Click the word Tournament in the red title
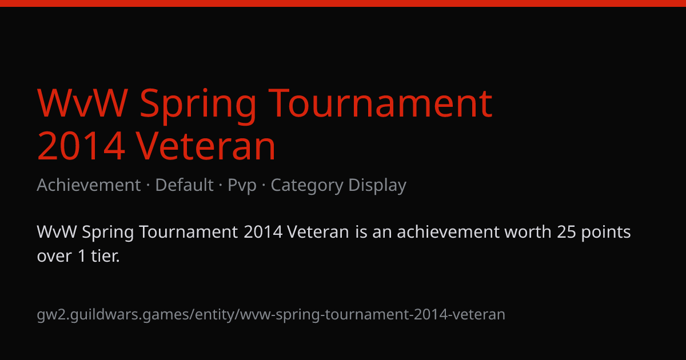coord(380,103)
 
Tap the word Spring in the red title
coord(198,106)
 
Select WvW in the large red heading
coord(82,103)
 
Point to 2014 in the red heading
coord(81,146)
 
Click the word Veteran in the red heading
coord(206,146)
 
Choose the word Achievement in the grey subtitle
coord(89,185)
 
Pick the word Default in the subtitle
coord(184,185)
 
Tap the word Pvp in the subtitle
coord(242,186)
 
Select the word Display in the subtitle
coord(377,186)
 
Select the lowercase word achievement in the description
coord(448,232)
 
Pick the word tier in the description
coord(105,255)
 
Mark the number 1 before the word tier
coord(82,256)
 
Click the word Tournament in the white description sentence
coord(189,232)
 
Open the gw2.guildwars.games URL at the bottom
coord(271,315)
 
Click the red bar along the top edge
coord(343,3)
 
